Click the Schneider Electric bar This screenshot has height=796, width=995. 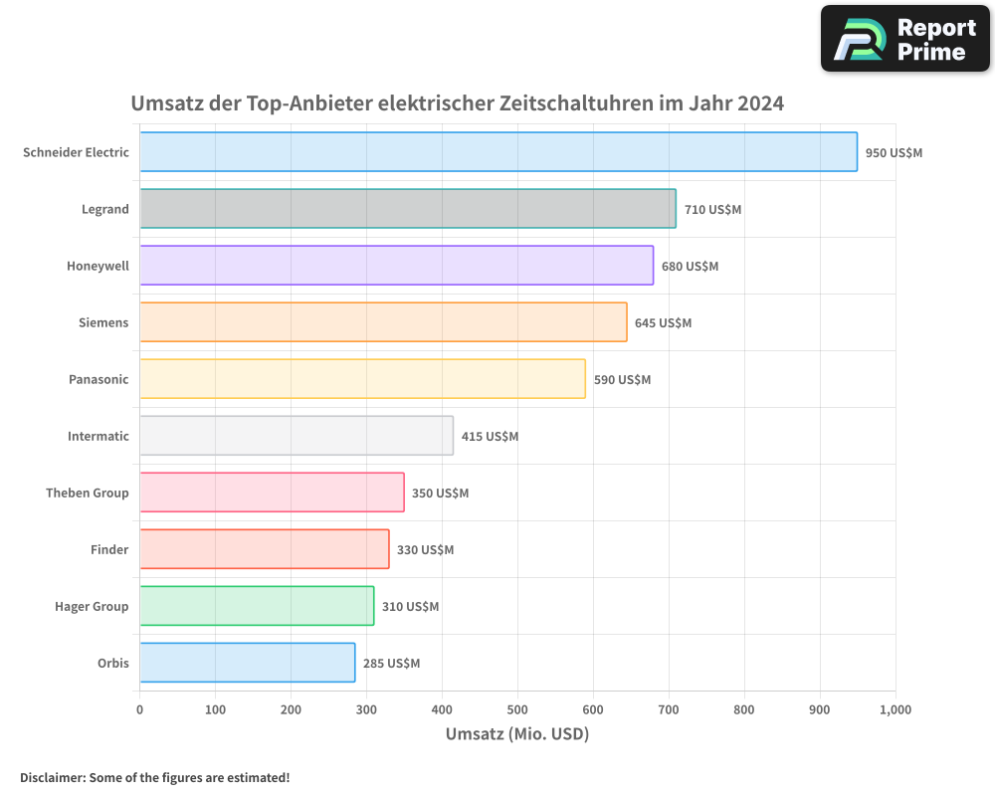(x=497, y=152)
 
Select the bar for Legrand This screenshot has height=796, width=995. (x=408, y=209)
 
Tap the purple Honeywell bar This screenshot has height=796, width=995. (x=396, y=266)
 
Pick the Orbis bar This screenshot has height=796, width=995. (x=247, y=663)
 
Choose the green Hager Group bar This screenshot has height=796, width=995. (x=257, y=606)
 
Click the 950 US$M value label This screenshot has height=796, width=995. (x=894, y=153)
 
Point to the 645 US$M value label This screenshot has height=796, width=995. (x=663, y=323)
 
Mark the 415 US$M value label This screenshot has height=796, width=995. (x=490, y=437)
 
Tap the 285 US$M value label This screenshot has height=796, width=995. (x=391, y=664)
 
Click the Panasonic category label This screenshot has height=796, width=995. (x=99, y=380)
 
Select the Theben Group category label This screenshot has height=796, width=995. (x=88, y=494)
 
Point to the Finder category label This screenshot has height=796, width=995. (x=109, y=550)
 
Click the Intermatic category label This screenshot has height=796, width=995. (x=99, y=437)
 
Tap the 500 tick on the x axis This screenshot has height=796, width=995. (x=517, y=709)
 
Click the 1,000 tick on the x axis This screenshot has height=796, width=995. (x=895, y=709)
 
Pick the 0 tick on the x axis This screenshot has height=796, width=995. (x=139, y=709)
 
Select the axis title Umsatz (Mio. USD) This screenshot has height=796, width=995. (x=517, y=734)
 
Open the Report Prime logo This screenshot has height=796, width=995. (x=904, y=39)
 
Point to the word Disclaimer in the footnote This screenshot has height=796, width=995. (x=51, y=777)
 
